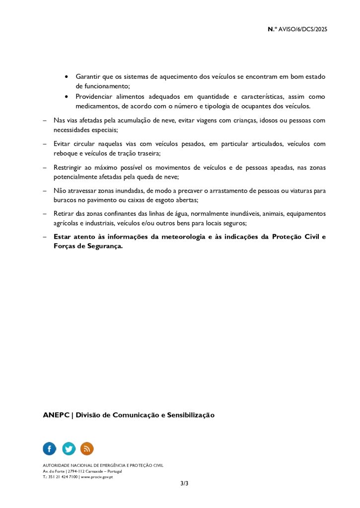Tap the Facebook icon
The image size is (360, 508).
[x=50, y=448]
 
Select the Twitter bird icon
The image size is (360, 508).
[x=69, y=448]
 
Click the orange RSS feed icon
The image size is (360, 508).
[x=87, y=448]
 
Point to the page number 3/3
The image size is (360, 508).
[x=185, y=483]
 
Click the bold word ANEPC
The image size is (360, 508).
[x=56, y=415]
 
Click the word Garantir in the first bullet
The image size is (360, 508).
[x=88, y=77]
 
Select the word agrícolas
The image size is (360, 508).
[x=67, y=223]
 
